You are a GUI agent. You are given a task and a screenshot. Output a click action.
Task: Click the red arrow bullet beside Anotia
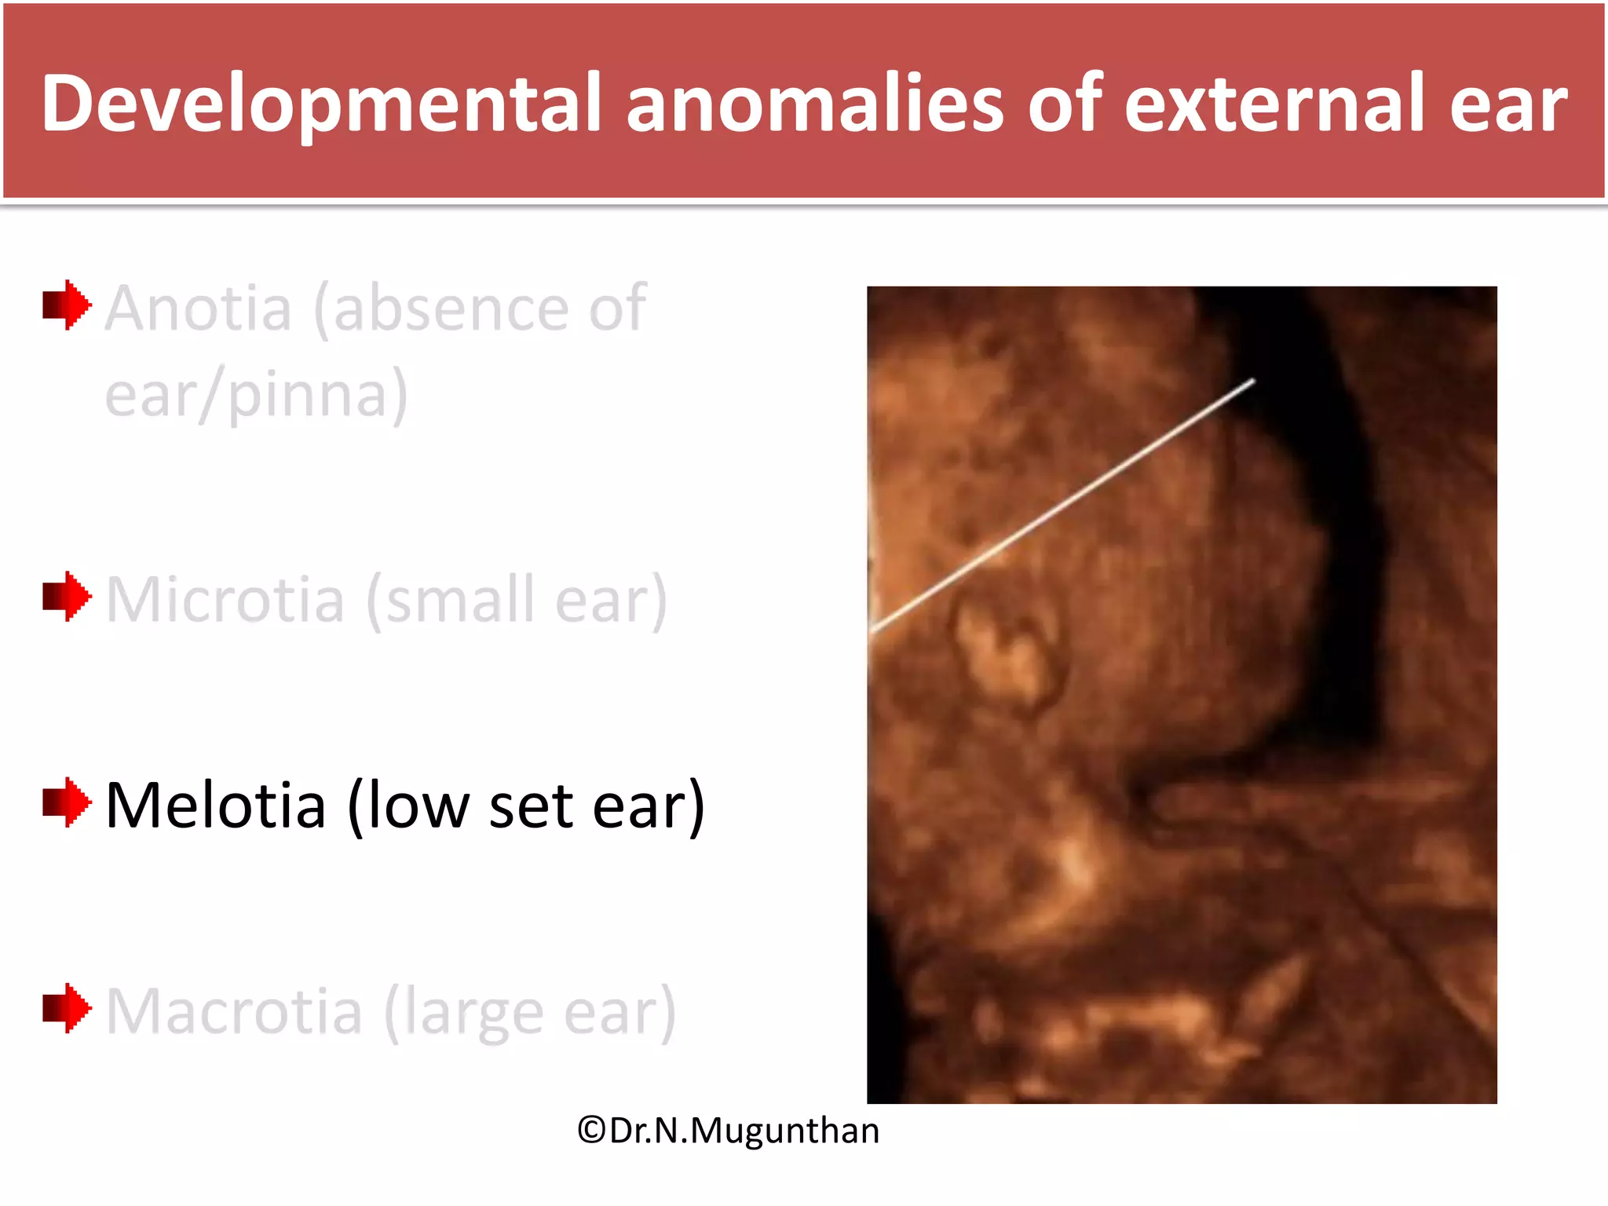click(67, 305)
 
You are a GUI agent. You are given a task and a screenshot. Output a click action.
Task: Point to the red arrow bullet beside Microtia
click(67, 597)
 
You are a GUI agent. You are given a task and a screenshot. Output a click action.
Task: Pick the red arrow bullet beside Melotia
click(67, 802)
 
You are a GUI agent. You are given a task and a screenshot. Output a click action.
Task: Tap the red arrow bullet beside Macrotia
click(67, 1008)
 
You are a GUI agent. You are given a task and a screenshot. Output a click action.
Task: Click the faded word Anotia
click(199, 309)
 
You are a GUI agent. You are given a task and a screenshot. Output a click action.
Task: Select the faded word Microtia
click(225, 600)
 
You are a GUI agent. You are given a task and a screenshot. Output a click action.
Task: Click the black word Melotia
click(216, 806)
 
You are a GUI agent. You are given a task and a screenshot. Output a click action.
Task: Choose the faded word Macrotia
click(234, 1012)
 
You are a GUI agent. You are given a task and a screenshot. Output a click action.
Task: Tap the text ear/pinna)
click(257, 395)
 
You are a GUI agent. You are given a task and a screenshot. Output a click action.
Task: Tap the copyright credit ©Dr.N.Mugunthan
click(728, 1131)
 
